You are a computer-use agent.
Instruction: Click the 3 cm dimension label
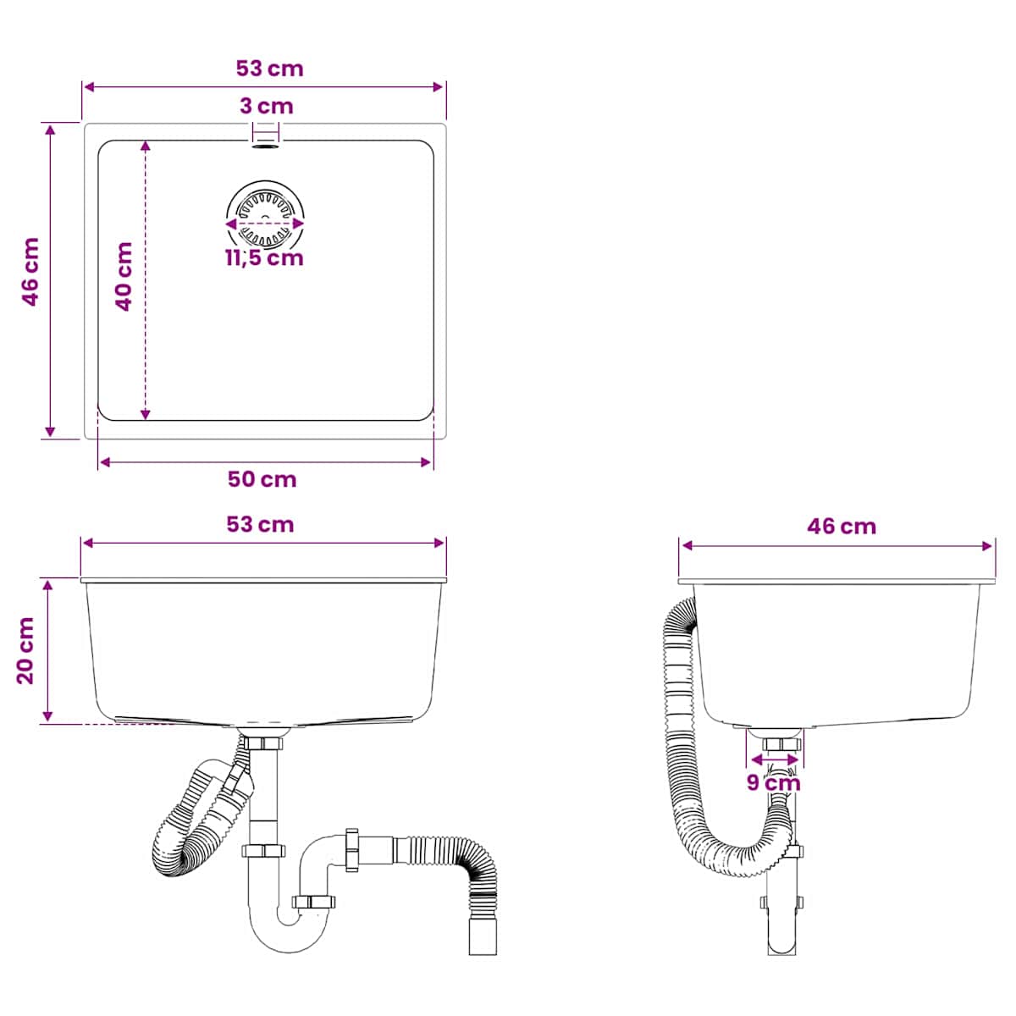266,106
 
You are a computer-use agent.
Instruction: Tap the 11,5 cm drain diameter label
265,258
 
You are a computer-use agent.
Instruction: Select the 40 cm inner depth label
124,277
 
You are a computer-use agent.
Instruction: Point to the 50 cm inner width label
262,479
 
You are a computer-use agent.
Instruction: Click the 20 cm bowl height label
25,650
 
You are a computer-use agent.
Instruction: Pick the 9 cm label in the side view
774,782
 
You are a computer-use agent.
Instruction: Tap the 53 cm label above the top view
269,69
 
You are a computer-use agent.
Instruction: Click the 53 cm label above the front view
260,525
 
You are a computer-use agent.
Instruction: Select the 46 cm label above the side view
842,526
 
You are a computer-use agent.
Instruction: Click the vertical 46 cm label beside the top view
30,272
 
